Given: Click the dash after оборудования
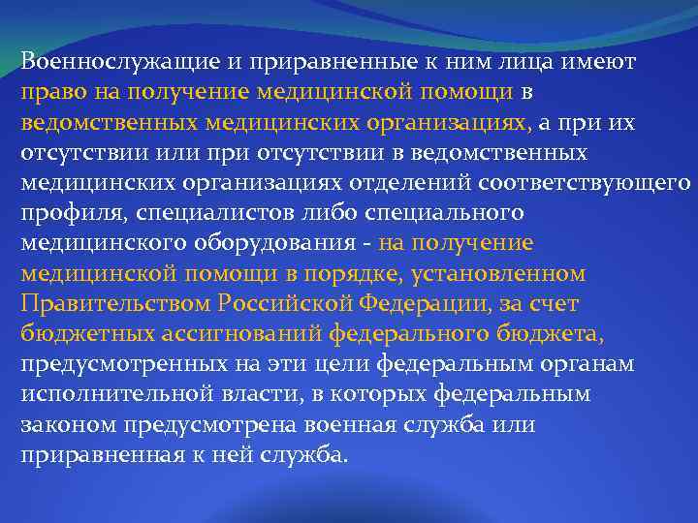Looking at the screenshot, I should [x=368, y=244].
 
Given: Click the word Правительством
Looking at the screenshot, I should [x=113, y=304].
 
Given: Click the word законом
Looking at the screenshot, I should [x=62, y=424].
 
